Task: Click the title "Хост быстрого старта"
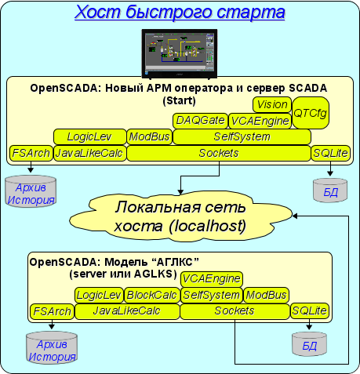click(x=180, y=12)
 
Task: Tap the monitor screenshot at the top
click(x=180, y=53)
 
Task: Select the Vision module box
click(x=272, y=105)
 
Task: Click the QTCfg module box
click(x=311, y=113)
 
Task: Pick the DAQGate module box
click(x=200, y=121)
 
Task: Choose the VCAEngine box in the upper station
click(x=260, y=121)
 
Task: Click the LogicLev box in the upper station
click(x=90, y=136)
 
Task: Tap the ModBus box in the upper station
click(x=150, y=136)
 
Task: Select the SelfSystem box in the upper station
click(x=242, y=136)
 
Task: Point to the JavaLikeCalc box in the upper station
click(x=90, y=153)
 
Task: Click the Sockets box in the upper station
click(x=219, y=153)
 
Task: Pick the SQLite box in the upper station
click(x=330, y=153)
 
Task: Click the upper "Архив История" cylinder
click(x=31, y=191)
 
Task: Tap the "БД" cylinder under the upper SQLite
click(x=330, y=191)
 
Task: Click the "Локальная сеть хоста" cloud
click(x=180, y=216)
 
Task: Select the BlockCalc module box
click(x=152, y=295)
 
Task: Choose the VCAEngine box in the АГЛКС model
click(x=212, y=279)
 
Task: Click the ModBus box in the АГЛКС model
click(x=266, y=295)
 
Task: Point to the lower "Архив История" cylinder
click(x=52, y=347)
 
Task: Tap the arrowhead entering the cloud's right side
click(x=295, y=216)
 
